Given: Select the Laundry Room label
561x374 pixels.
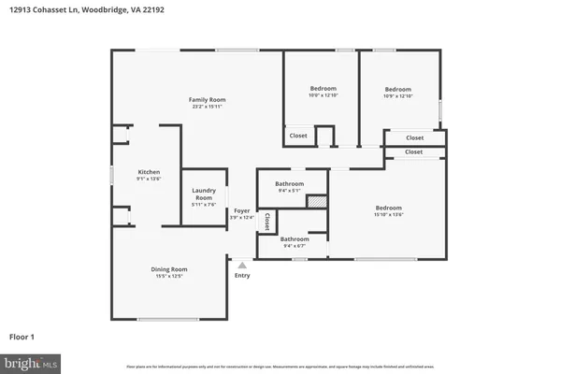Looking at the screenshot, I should pyautogui.click(x=204, y=194).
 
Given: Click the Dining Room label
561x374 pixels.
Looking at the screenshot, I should pyautogui.click(x=169, y=269).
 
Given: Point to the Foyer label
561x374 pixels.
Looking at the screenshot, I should pyautogui.click(x=241, y=210).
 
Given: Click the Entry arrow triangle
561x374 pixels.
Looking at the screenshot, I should pyautogui.click(x=242, y=266).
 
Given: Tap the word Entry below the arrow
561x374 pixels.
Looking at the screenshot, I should pyautogui.click(x=242, y=276).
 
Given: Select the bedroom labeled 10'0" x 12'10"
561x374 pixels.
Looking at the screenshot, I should pyautogui.click(x=321, y=89).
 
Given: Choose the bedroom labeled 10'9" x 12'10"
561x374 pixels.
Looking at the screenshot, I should pyautogui.click(x=398, y=89).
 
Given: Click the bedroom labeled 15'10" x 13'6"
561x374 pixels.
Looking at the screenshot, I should pyautogui.click(x=389, y=208).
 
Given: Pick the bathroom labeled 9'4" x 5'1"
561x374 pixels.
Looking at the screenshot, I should pyautogui.click(x=289, y=184).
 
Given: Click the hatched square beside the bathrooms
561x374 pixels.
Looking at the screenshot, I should pyautogui.click(x=318, y=201).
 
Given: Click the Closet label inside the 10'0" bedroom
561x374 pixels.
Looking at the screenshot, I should pyautogui.click(x=298, y=136).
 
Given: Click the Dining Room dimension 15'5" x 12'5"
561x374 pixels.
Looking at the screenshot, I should pyautogui.click(x=169, y=277).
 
